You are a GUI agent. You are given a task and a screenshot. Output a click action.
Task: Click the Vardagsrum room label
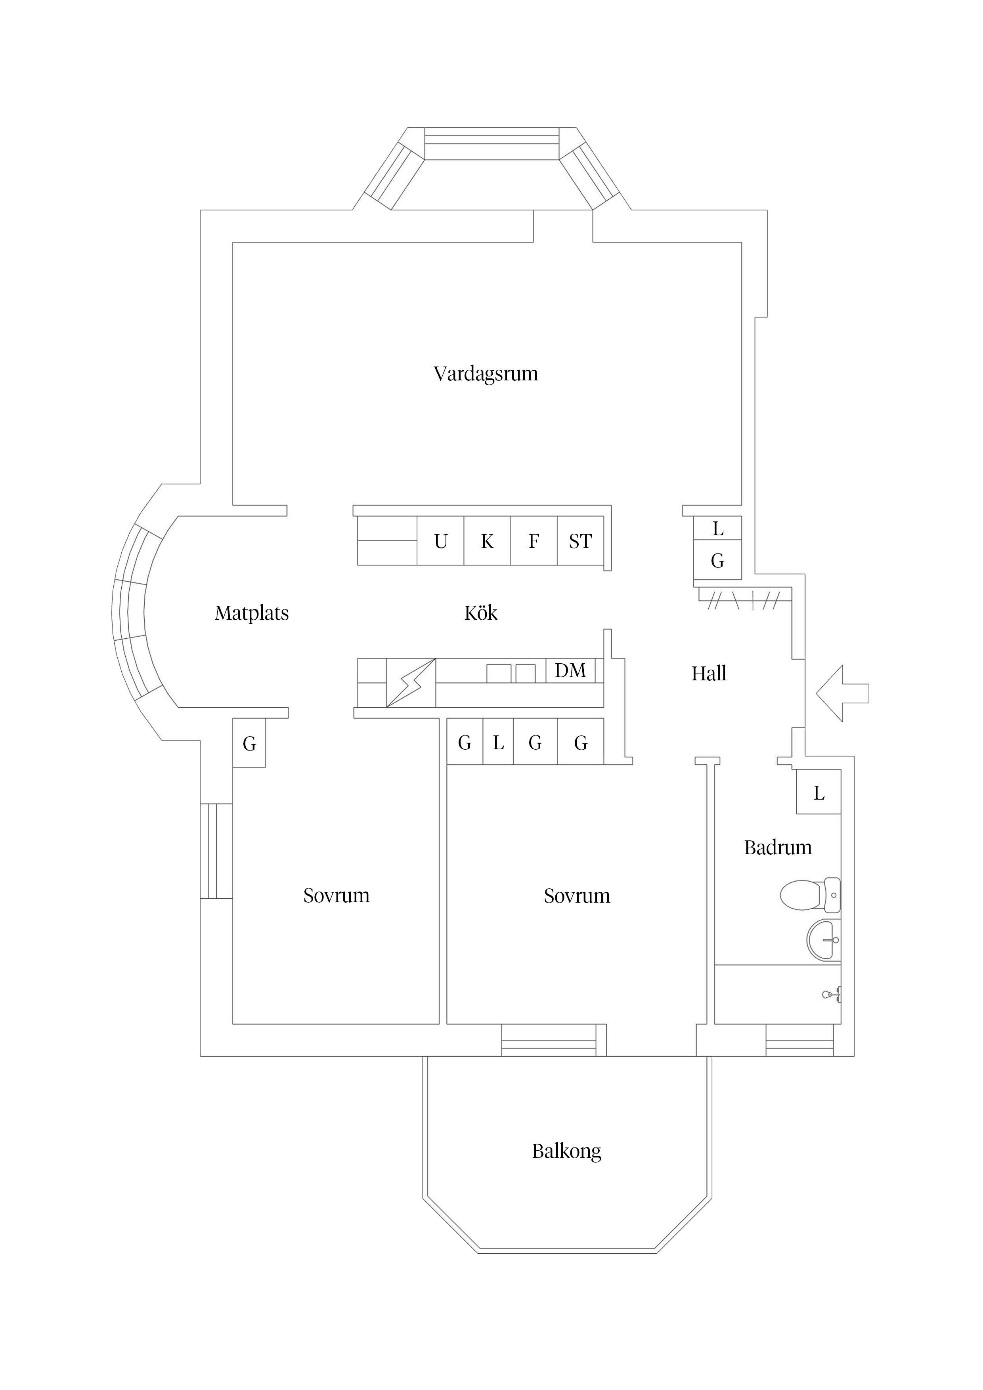(x=486, y=374)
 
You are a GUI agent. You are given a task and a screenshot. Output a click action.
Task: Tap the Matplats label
(x=251, y=613)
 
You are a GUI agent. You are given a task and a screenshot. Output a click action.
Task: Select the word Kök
(x=481, y=613)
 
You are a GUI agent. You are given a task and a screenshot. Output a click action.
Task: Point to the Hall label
(x=709, y=673)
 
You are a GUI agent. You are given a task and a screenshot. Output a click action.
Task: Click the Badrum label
(x=778, y=848)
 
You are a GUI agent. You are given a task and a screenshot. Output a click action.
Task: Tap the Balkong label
(x=566, y=1151)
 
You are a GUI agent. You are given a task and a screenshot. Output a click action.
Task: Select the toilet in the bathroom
(x=809, y=895)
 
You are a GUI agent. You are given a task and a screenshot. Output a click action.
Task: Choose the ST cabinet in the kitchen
(x=579, y=540)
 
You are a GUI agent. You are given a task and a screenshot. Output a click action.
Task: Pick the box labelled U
(x=440, y=540)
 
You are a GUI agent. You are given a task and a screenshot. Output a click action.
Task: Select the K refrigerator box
(x=487, y=540)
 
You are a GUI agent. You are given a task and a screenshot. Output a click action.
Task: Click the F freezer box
(x=534, y=540)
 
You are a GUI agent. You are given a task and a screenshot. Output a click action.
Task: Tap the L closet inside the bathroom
(x=818, y=792)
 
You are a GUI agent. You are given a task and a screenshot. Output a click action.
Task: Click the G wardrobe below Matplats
(x=249, y=743)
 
